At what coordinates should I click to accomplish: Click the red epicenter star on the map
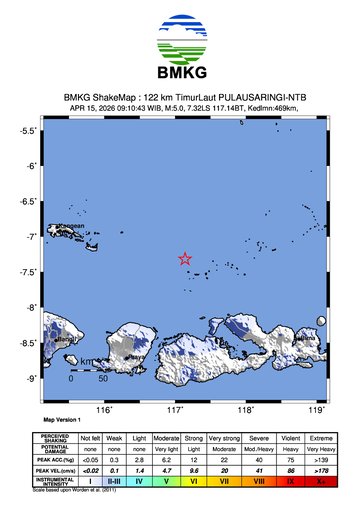185,258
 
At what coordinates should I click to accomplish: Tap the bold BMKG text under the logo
181,75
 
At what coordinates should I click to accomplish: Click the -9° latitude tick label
33,378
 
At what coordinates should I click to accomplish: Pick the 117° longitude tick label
176,409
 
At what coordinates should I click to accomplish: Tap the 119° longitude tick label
318,409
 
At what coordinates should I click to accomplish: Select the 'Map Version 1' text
61,421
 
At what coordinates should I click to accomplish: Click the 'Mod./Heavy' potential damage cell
259,449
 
